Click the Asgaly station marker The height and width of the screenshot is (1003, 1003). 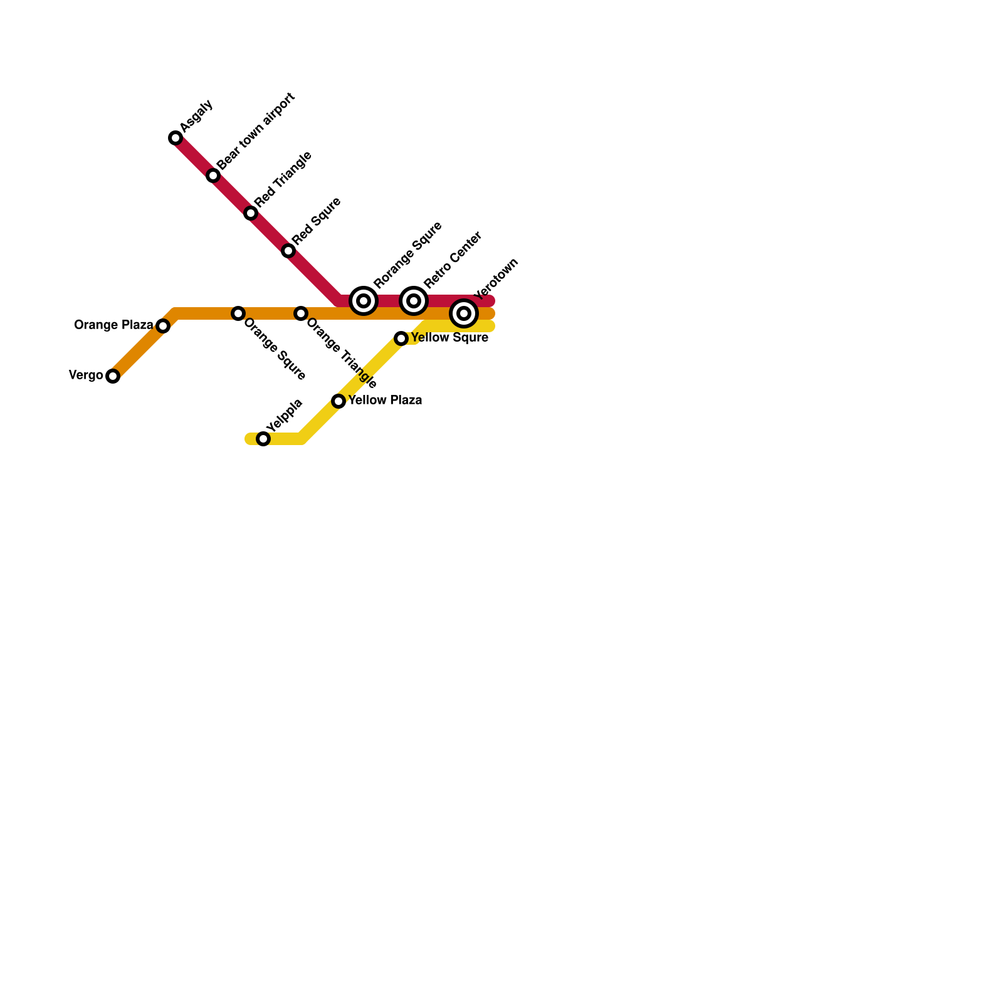click(176, 138)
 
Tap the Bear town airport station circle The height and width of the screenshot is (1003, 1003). click(213, 176)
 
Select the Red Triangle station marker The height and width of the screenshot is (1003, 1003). click(251, 213)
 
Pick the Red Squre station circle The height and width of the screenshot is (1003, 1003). click(288, 251)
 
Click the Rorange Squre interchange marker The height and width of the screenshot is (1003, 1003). click(364, 301)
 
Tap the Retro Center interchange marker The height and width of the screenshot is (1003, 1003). click(414, 301)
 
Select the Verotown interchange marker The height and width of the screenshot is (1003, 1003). click(464, 313)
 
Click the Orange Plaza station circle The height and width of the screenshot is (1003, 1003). click(163, 326)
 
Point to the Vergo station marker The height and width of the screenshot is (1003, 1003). click(113, 376)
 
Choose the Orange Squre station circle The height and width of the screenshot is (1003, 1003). click(238, 313)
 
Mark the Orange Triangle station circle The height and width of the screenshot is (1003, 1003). click(301, 313)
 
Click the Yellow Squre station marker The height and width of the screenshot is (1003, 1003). click(401, 339)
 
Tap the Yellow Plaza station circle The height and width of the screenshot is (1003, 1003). click(339, 401)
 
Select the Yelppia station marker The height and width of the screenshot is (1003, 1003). click(263, 439)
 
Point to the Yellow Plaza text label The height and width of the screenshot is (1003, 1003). click(385, 400)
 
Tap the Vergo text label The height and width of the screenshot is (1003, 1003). click(86, 375)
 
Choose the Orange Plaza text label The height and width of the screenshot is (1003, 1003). click(113, 325)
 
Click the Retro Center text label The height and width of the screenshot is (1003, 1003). click(453, 260)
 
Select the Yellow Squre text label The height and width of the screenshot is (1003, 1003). click(449, 337)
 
